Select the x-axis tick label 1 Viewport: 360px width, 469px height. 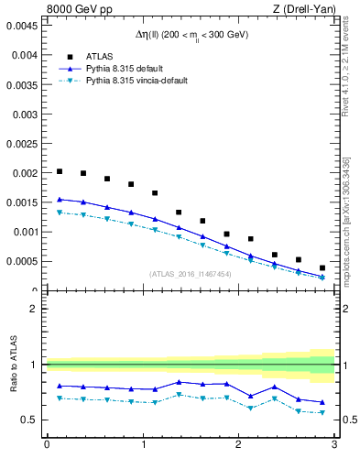coord(142,445)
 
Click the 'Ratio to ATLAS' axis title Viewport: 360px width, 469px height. coord(14,364)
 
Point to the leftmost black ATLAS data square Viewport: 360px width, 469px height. coord(60,171)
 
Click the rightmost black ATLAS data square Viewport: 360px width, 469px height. coord(322,267)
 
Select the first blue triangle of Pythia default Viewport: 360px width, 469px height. coord(60,199)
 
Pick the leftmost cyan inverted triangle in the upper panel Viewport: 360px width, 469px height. coord(60,213)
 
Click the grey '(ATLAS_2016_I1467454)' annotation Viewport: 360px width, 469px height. coord(190,273)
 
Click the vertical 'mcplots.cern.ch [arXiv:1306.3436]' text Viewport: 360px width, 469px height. coord(346,220)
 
